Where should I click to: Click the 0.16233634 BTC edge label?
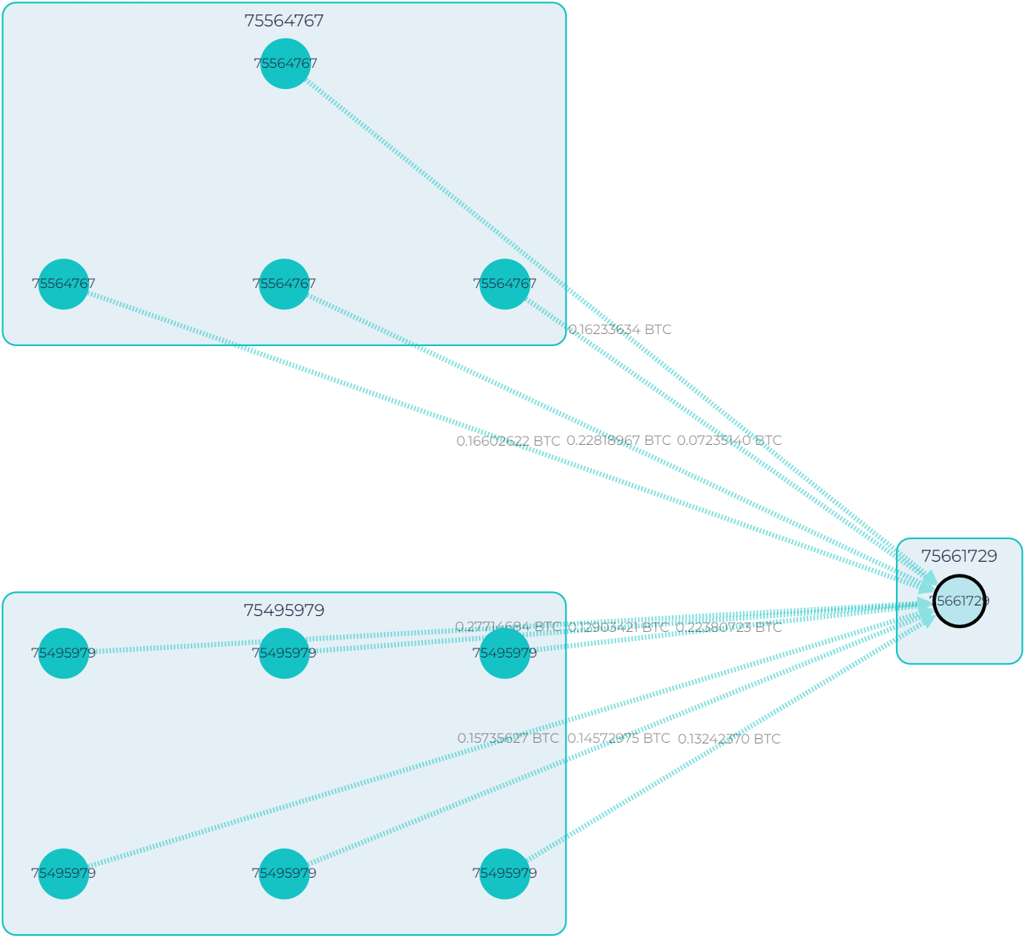tap(619, 330)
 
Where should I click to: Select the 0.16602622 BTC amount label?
tap(508, 441)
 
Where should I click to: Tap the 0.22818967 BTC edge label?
tap(618, 440)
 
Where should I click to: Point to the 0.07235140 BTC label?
tap(729, 440)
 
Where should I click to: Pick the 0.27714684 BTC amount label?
tap(508, 627)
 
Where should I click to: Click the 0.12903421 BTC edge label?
tap(618, 627)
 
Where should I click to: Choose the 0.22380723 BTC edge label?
tap(729, 627)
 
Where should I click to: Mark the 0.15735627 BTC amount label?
tap(508, 738)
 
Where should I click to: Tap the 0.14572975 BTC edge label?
tap(618, 738)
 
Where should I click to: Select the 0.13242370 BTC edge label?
tap(729, 739)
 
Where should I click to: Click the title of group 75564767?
tap(284, 21)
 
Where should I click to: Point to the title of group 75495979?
tap(284, 611)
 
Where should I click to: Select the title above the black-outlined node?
tap(959, 556)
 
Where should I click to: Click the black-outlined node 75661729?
tap(959, 601)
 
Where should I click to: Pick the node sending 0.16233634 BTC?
tap(285, 63)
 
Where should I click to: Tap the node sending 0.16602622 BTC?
tap(63, 284)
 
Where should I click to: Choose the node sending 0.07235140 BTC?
tap(505, 284)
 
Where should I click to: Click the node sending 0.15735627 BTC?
tap(63, 874)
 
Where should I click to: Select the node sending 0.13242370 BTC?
tap(505, 874)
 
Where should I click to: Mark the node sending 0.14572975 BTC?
tap(284, 874)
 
